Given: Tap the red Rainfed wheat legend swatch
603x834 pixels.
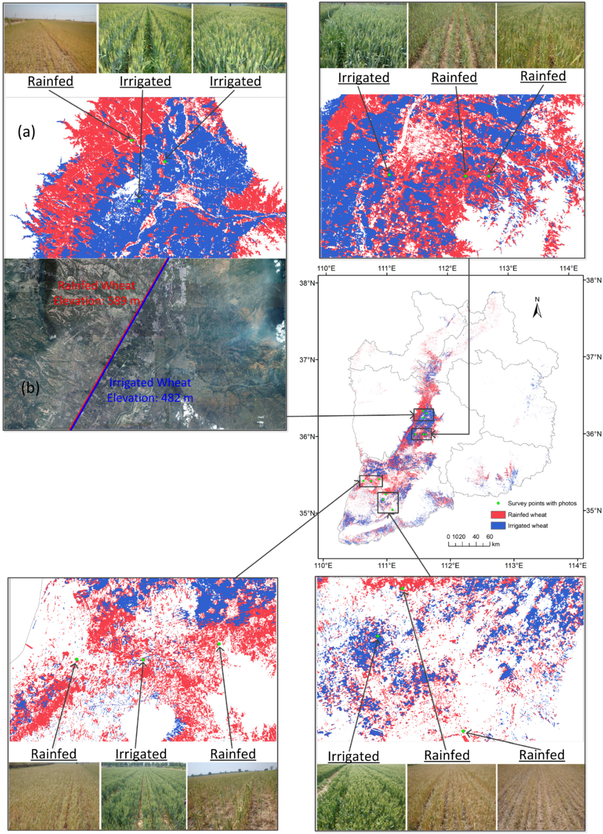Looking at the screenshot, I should (498, 514).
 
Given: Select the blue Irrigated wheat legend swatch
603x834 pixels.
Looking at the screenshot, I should (498, 525).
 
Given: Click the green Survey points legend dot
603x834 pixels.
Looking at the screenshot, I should (498, 504).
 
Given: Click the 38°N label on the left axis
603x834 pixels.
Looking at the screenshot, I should (307, 283).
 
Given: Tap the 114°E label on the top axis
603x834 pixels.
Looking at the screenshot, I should (568, 268).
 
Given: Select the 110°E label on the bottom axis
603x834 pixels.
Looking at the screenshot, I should (323, 566).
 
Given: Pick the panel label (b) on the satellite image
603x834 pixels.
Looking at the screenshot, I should (30, 388).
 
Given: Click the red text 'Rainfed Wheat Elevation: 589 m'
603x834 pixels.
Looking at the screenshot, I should (97, 293).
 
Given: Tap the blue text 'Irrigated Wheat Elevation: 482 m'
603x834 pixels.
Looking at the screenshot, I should (150, 390).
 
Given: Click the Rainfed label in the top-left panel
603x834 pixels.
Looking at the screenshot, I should (51, 81).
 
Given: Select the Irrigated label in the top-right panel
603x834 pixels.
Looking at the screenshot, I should (363, 78).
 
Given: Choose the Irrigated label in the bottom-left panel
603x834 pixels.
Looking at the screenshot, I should (141, 754).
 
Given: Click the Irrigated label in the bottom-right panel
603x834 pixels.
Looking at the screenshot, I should (353, 756).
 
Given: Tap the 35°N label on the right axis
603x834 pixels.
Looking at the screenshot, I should (593, 511).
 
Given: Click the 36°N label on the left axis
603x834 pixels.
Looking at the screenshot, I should (307, 436).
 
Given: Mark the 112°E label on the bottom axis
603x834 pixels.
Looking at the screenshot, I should (450, 566).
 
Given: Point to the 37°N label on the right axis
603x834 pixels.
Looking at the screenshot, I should (593, 357).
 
